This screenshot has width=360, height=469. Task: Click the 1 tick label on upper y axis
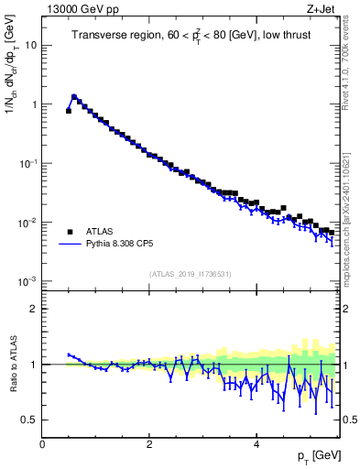[x=33, y=104]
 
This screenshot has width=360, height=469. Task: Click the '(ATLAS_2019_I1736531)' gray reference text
[x=190, y=274]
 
